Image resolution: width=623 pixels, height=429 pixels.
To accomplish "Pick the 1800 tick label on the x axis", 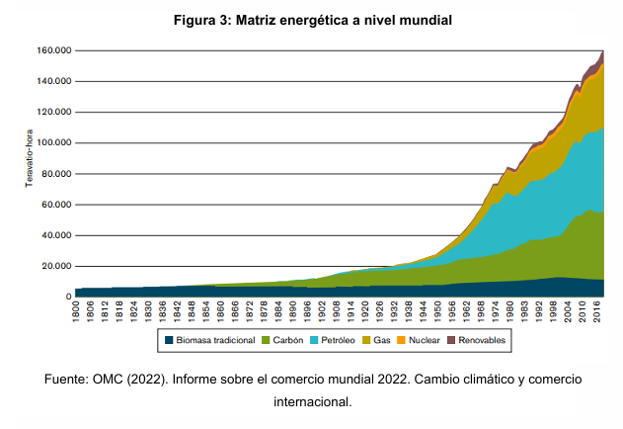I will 76,312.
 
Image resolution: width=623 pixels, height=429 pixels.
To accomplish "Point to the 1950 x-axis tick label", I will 437,312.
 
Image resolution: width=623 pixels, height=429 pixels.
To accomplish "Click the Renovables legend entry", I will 483,340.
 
